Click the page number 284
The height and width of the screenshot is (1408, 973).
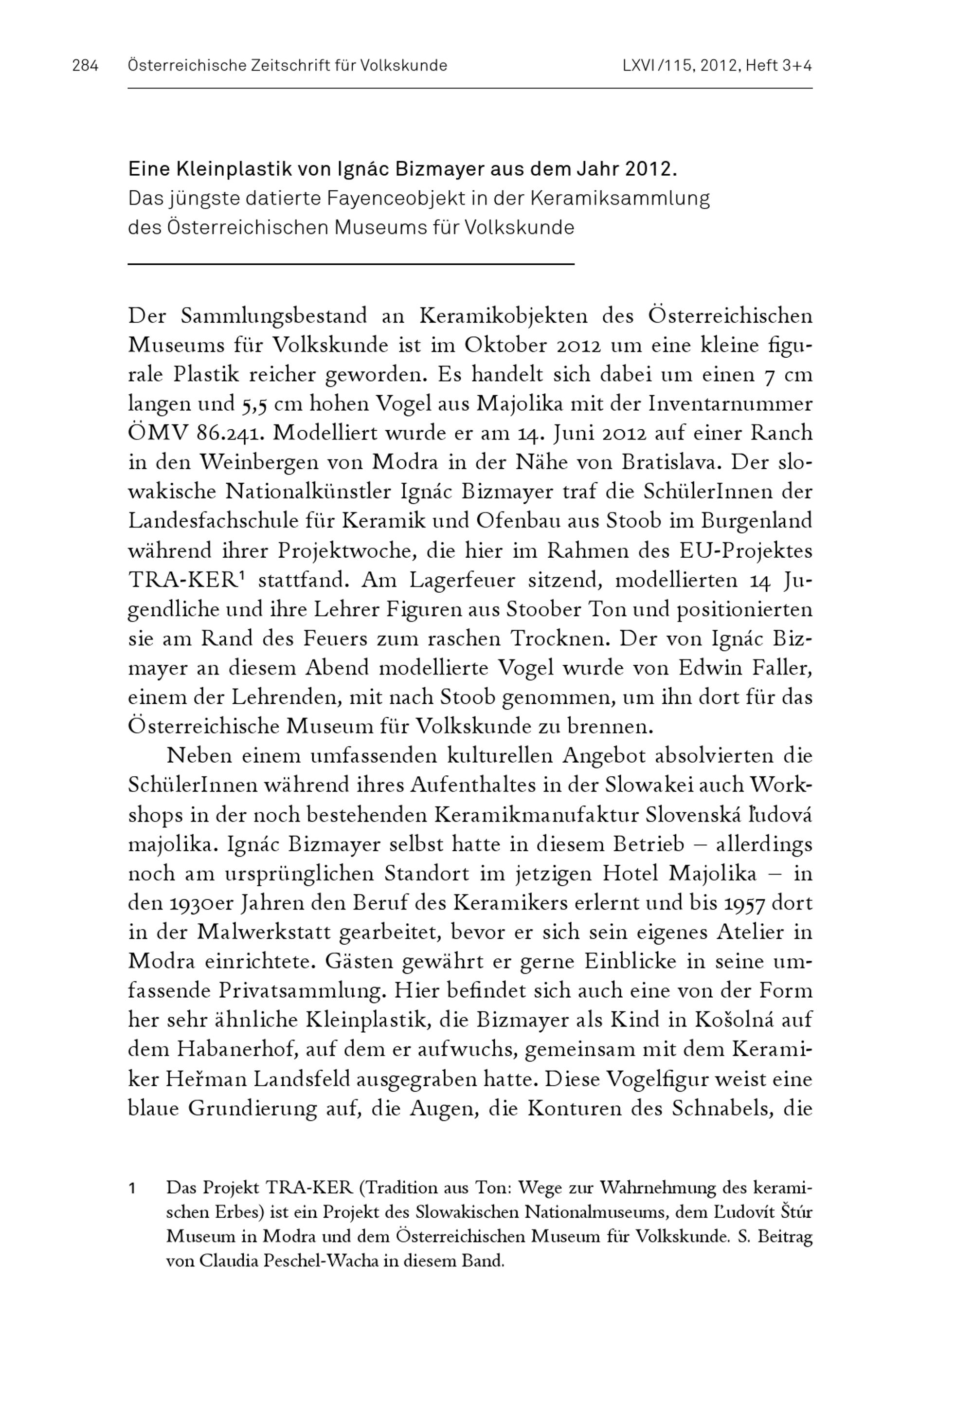coord(85,65)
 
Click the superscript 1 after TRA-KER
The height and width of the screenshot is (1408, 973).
coord(241,576)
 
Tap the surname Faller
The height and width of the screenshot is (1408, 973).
coord(778,667)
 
